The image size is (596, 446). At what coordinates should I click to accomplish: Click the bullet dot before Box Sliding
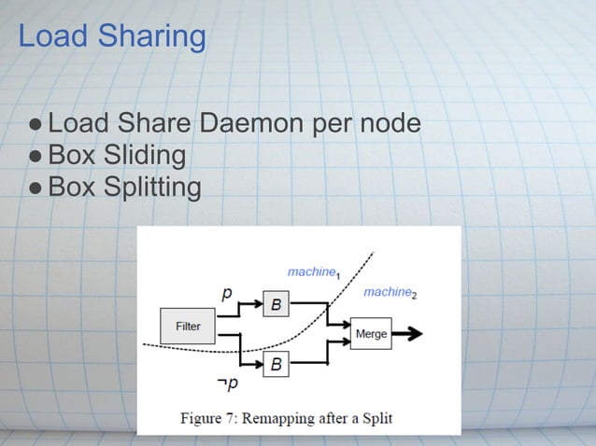[35, 155]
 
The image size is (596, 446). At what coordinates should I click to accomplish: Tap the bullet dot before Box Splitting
[35, 188]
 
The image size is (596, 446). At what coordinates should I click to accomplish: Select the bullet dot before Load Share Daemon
[35, 123]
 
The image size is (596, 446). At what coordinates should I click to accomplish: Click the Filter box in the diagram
[188, 326]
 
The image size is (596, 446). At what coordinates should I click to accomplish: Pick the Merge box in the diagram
[371, 333]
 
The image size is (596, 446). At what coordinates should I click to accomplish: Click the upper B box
[276, 304]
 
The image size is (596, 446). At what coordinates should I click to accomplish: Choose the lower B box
[276, 365]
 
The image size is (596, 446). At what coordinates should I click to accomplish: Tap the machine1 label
[312, 272]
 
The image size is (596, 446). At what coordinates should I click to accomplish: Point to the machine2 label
[390, 293]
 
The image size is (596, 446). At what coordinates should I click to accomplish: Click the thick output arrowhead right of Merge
[414, 333]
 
